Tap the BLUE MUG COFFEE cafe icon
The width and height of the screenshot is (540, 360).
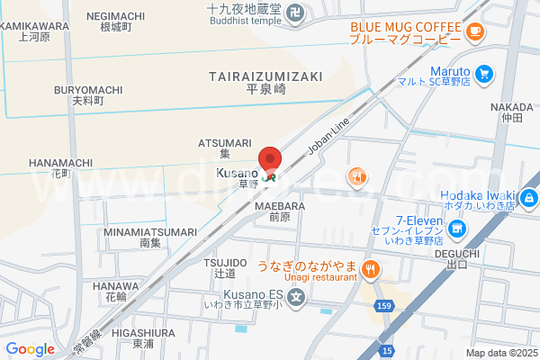coord(475,32)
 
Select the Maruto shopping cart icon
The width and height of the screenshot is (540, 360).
coord(485,73)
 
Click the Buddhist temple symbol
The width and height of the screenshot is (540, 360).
coord(299,13)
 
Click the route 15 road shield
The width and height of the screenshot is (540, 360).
coord(386,350)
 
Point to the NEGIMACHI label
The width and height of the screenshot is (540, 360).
coord(115,16)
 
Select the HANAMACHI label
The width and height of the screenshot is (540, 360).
coord(60,162)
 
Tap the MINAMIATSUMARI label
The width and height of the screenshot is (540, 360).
coord(149,231)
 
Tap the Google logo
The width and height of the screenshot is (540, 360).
coord(30,349)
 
